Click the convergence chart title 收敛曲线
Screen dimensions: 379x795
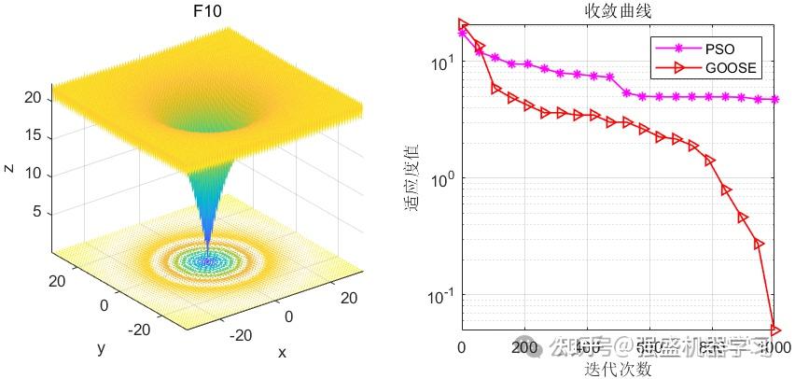click(617, 11)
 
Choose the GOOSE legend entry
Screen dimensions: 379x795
click(732, 67)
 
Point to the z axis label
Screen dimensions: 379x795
click(7, 167)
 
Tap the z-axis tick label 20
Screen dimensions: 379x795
click(32, 98)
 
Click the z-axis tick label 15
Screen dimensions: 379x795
click(32, 135)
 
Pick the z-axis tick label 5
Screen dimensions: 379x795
click(35, 211)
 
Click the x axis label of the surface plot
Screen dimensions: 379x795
click(281, 352)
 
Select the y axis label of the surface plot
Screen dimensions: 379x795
click(100, 347)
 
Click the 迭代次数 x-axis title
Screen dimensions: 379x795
click(617, 369)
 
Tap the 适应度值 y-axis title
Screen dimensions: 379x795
click(411, 176)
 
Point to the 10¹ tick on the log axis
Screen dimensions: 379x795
click(440, 62)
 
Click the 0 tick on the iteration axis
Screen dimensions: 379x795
click(461, 348)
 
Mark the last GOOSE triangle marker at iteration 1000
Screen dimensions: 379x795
click(774, 329)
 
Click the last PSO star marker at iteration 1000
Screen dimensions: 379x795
click(774, 99)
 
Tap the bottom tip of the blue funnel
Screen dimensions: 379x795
click(207, 262)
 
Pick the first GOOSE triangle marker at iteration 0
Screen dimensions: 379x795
click(463, 25)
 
